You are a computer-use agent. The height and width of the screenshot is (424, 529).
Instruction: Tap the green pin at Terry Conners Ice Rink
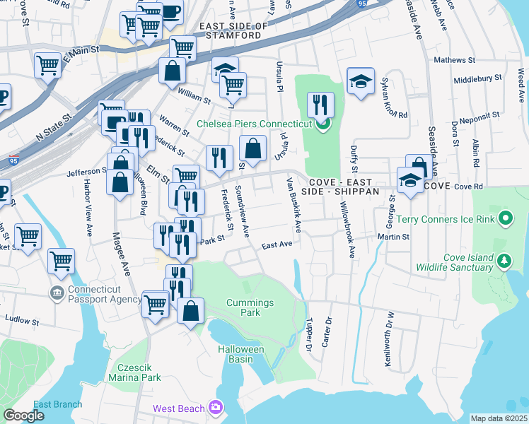pyautogui.click(x=505, y=218)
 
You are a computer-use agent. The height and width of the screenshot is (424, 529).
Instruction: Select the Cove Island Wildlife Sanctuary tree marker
pyautogui.click(x=504, y=262)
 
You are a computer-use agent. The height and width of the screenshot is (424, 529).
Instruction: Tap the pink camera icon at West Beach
pyautogui.click(x=216, y=408)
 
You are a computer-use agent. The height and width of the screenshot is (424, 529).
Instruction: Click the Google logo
pyautogui.click(x=23, y=416)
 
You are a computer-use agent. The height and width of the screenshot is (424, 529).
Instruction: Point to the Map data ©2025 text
pyautogui.click(x=499, y=418)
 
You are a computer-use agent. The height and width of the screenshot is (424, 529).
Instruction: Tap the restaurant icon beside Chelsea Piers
pyautogui.click(x=320, y=105)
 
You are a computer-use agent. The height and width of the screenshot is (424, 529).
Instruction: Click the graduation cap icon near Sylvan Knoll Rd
pyautogui.click(x=361, y=81)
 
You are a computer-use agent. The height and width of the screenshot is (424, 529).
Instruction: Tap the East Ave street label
pyautogui.click(x=277, y=245)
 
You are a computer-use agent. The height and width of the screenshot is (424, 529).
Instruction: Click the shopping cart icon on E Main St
pyautogui.click(x=47, y=66)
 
